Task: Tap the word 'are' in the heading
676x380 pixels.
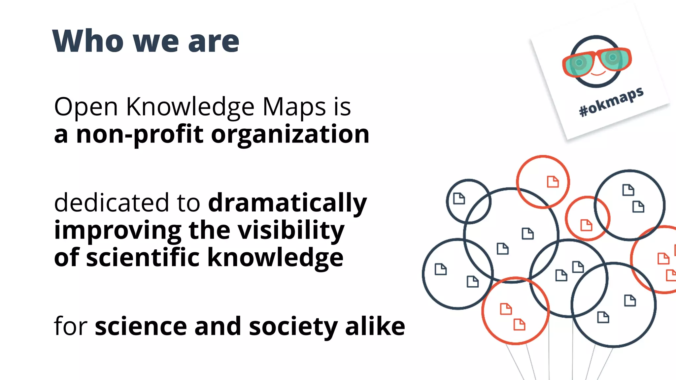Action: point(214,42)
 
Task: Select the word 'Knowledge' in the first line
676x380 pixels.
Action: point(190,107)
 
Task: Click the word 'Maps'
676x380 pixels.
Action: point(294,107)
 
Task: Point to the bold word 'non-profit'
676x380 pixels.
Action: point(140,135)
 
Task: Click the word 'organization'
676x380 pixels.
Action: point(290,135)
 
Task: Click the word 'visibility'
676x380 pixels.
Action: point(291,231)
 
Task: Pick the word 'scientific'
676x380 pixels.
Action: point(143,257)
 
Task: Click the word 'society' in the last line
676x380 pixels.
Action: point(293,327)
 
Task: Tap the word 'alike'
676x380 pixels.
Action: point(375,327)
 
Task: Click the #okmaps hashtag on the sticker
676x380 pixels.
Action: point(611,102)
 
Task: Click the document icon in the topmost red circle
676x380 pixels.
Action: point(553,182)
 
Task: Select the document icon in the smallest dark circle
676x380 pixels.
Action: point(459,199)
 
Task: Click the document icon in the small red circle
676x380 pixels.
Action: point(586,225)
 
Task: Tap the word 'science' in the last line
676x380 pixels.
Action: point(141,327)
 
